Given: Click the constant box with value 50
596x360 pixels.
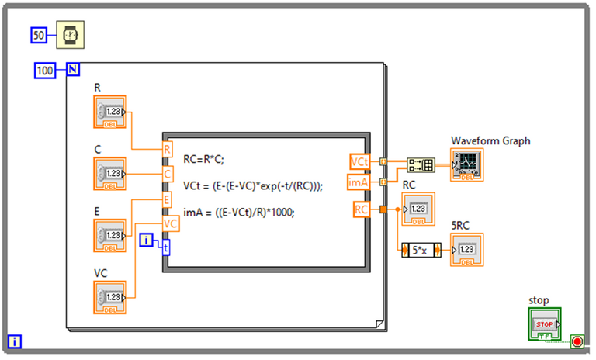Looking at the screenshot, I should pyautogui.click(x=39, y=34).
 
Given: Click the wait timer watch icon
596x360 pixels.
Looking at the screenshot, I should pyautogui.click(x=71, y=34).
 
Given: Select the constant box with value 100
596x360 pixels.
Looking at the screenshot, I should pyautogui.click(x=45, y=71).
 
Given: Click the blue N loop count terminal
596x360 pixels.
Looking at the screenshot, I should pyautogui.click(x=72, y=71).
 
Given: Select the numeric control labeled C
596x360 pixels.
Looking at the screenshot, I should pyautogui.click(x=109, y=173).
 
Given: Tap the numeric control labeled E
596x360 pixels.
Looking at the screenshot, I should pyautogui.click(x=109, y=235).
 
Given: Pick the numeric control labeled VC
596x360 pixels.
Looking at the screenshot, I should pyautogui.click(x=109, y=296).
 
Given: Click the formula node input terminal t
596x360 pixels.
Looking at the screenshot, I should pyautogui.click(x=165, y=246).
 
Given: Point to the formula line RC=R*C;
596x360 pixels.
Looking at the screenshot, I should pyautogui.click(x=212, y=160).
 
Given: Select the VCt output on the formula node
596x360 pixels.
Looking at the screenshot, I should pyautogui.click(x=359, y=161).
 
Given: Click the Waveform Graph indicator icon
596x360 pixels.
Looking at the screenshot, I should pyautogui.click(x=467, y=163).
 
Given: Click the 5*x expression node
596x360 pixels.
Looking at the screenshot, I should pyautogui.click(x=421, y=250).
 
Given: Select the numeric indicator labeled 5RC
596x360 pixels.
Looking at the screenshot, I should pyautogui.click(x=467, y=250).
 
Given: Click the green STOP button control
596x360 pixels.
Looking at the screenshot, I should pyautogui.click(x=544, y=321).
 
